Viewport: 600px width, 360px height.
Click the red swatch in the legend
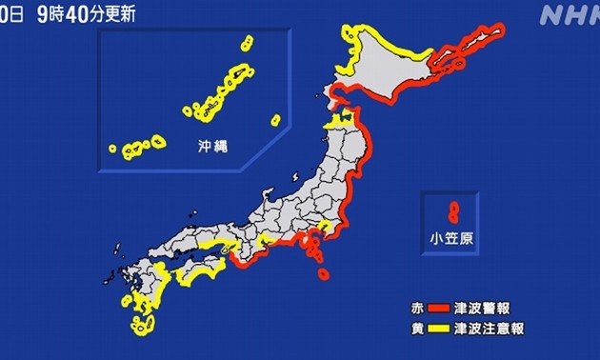438,309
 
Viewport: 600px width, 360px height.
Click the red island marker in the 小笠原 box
451,208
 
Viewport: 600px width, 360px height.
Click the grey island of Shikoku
200,269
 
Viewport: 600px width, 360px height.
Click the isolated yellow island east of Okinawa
275,120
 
